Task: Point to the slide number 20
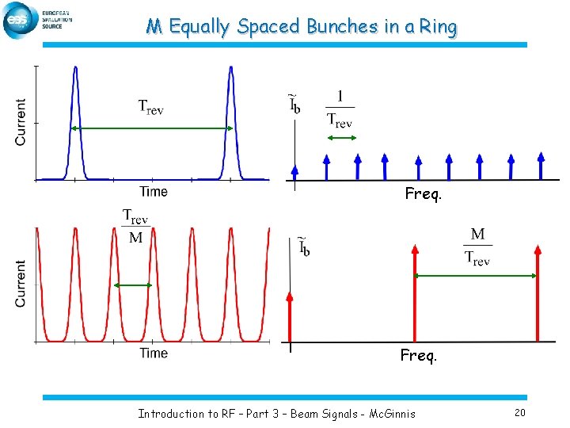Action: click(519, 412)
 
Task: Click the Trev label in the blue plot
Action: click(150, 107)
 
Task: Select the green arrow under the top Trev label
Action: click(150, 128)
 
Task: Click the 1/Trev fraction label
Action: click(340, 109)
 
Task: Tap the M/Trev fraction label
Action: click(477, 246)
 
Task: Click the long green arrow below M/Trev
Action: click(476, 276)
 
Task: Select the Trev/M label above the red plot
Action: click(135, 227)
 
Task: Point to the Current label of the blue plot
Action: click(21, 121)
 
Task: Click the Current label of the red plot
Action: click(21, 284)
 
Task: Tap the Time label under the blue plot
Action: click(154, 191)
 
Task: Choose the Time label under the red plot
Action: click(154, 353)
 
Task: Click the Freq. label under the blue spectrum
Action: click(423, 193)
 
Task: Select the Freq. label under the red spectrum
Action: click(419, 356)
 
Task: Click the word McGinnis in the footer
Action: click(387, 413)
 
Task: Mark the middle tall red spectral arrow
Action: click(414, 293)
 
